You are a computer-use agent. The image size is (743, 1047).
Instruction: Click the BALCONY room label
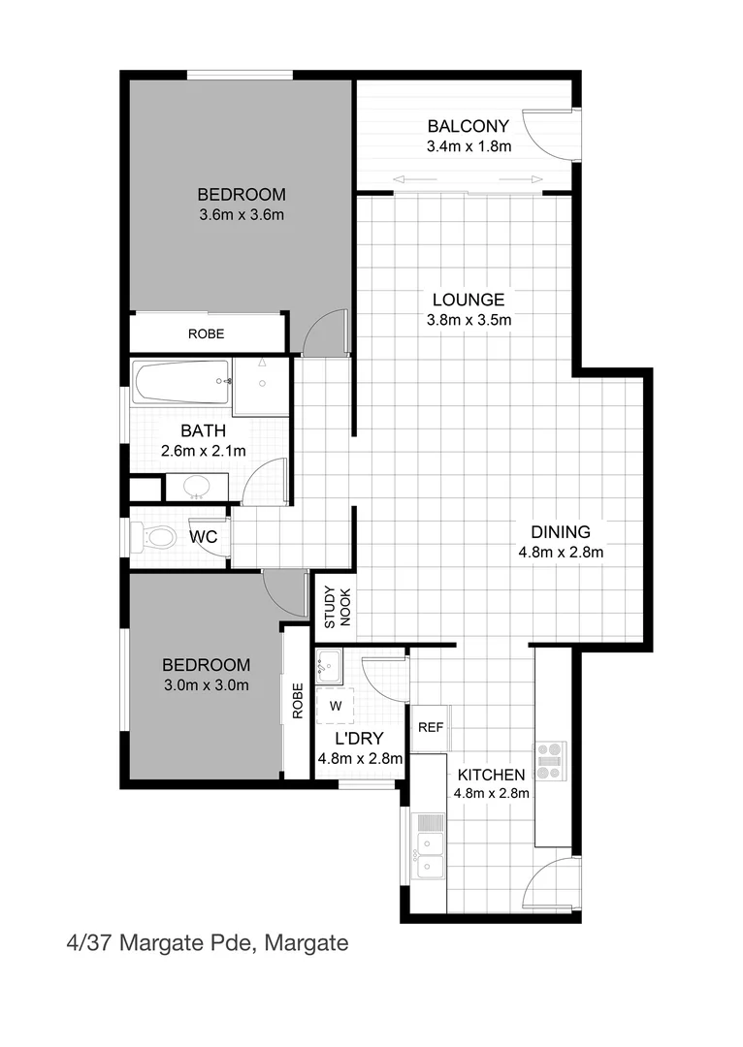468,125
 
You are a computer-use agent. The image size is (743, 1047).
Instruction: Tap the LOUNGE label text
468,300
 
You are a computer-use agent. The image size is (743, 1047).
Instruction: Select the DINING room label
560,531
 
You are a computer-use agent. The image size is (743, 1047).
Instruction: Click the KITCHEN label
491,775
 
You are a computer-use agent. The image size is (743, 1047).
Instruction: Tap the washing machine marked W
336,705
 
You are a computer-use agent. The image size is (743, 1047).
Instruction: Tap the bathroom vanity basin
196,486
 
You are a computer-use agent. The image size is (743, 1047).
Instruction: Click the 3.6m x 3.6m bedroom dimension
241,214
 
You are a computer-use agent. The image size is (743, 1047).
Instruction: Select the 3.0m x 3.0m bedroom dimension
206,686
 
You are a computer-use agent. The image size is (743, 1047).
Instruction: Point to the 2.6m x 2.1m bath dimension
204,450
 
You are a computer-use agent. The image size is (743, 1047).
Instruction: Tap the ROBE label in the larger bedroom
206,333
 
